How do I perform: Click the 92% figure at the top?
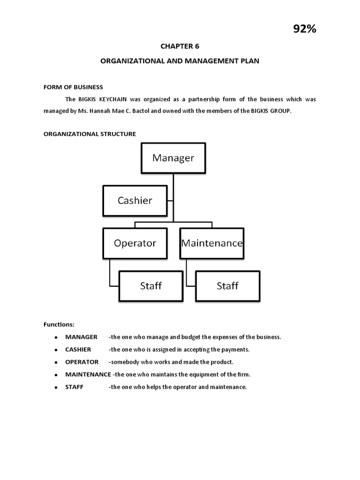[x=305, y=29]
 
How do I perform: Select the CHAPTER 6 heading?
[x=176, y=46]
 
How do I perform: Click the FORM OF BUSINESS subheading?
[x=73, y=87]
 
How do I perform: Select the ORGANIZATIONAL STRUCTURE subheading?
[x=90, y=134]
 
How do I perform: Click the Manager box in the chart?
[x=173, y=158]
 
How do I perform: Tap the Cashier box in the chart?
[x=135, y=201]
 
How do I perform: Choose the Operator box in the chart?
[x=135, y=243]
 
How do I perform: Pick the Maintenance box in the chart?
[x=211, y=243]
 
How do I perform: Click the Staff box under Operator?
[x=150, y=285]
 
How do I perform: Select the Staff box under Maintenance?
[x=227, y=285]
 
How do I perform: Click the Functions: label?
[x=59, y=324]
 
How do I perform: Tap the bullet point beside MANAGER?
[x=55, y=337]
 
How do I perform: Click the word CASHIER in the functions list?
[x=78, y=350]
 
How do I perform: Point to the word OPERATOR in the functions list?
[x=82, y=362]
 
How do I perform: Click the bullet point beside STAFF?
[x=55, y=387]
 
